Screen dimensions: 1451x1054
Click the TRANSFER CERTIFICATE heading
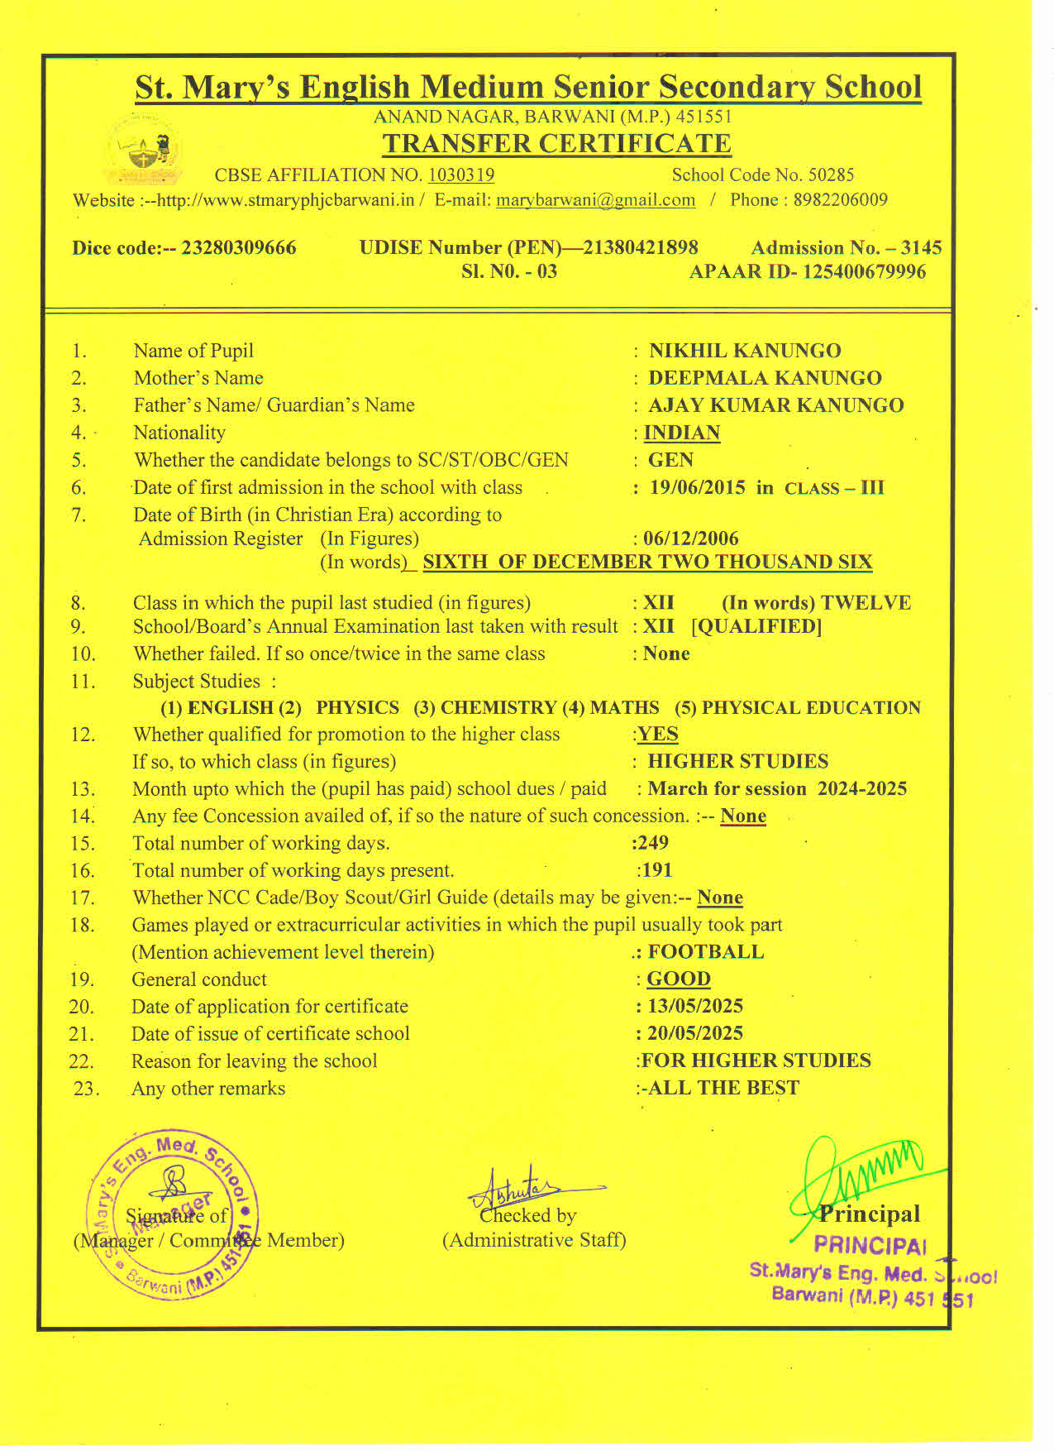pos(556,143)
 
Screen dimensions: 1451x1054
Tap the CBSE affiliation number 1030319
pos(461,175)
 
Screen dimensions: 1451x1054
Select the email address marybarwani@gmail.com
pos(595,200)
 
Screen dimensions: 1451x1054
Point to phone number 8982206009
pos(841,200)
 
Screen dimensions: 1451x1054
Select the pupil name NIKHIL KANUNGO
pos(745,351)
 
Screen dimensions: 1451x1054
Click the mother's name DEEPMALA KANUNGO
pos(765,378)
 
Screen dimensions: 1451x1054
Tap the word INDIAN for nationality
pos(682,433)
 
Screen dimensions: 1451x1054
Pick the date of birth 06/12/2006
pos(691,539)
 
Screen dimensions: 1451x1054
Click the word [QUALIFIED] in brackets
pos(756,626)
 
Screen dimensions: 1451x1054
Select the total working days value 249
pos(652,843)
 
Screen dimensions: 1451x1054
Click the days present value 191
pos(656,870)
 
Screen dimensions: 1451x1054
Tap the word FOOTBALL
pos(706,952)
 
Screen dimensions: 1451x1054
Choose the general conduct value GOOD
pos(679,979)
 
